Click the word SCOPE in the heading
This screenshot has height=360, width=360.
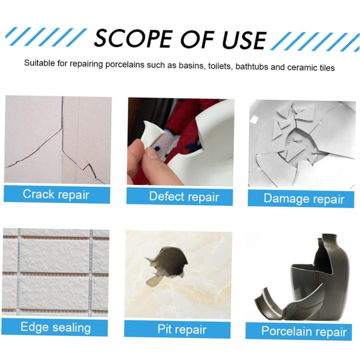pyautogui.click(x=127, y=38)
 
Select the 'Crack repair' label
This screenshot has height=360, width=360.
pyautogui.click(x=56, y=194)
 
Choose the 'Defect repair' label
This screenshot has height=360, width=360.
pyautogui.click(x=184, y=197)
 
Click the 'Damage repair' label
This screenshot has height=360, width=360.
pyautogui.click(x=304, y=198)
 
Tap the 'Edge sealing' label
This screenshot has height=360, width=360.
pyautogui.click(x=55, y=327)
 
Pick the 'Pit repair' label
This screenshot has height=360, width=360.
pyautogui.click(x=181, y=329)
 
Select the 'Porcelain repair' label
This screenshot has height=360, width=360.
pyautogui.click(x=304, y=332)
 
